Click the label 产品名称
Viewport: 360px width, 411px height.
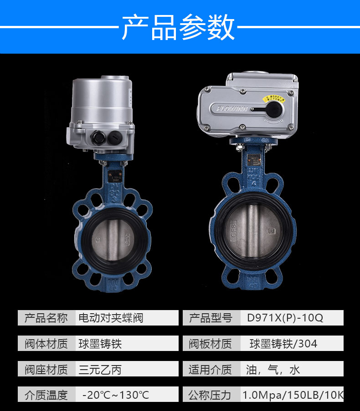[x=46, y=317]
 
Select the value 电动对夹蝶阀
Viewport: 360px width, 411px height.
[x=111, y=317]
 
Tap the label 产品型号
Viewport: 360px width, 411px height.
[x=211, y=317]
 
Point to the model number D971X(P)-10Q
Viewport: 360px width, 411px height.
[x=285, y=317]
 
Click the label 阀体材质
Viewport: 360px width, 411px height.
[x=46, y=343]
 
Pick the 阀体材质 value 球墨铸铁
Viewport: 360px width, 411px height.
[x=100, y=343]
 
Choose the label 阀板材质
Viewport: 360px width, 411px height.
[x=211, y=343]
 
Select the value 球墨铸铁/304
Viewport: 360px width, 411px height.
[x=283, y=343]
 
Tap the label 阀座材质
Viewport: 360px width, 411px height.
[x=46, y=369]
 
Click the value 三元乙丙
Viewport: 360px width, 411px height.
[x=100, y=369]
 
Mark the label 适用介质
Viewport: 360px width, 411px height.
[x=211, y=369]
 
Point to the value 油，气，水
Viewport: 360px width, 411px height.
[x=273, y=369]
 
